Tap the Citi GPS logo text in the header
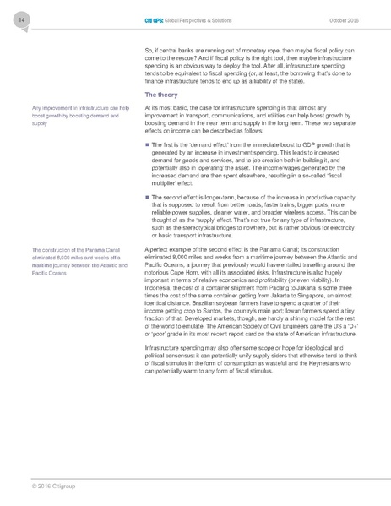[x=154, y=19]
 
